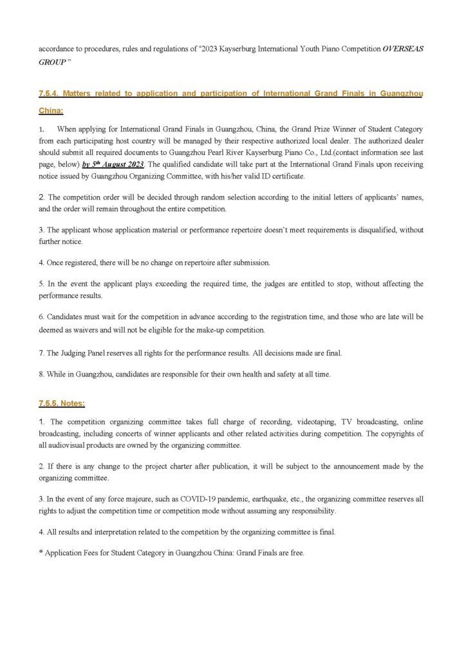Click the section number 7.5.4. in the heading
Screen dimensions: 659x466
pyautogui.click(x=53, y=94)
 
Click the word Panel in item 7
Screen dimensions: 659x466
pyautogui.click(x=96, y=354)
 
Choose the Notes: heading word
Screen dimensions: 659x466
pyautogui.click(x=72, y=404)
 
